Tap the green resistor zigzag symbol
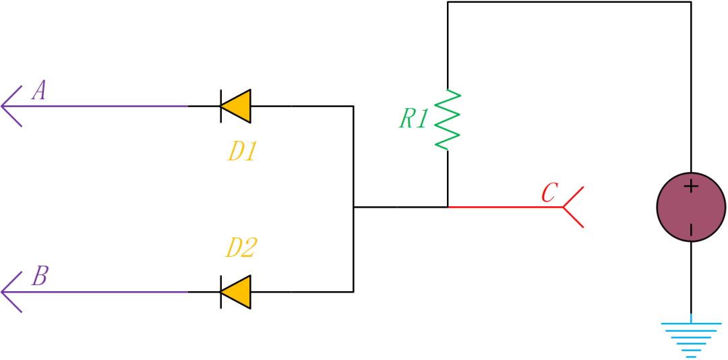[448, 119]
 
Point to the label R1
[413, 119]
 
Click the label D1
[242, 152]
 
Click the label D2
[241, 248]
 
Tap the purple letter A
[40, 90]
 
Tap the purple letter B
[40, 276]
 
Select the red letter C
[549, 193]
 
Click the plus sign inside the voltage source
[691, 186]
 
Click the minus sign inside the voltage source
[691, 231]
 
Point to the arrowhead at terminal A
[9, 107]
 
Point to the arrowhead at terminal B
[9, 292]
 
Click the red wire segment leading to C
[506, 207]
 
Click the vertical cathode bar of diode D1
[221, 107]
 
